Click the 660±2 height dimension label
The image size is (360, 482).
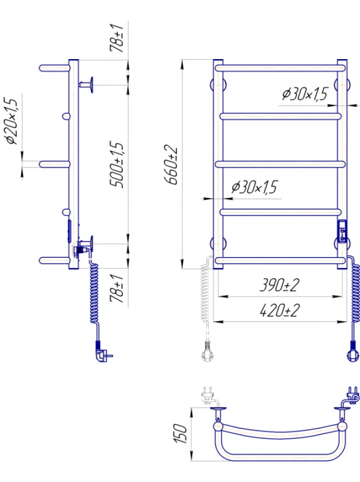pos(171,165)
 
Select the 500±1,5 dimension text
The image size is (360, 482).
pos(117,165)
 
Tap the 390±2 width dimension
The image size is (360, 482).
pos(280,285)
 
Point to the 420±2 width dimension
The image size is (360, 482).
pos(280,310)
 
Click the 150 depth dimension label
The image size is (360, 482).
pos(180,433)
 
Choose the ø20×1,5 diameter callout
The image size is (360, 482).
pos(11,121)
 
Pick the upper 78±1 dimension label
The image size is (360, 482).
pos(117,37)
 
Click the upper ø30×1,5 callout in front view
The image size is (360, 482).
pos(305,94)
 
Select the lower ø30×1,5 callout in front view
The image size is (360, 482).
pos(254,187)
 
